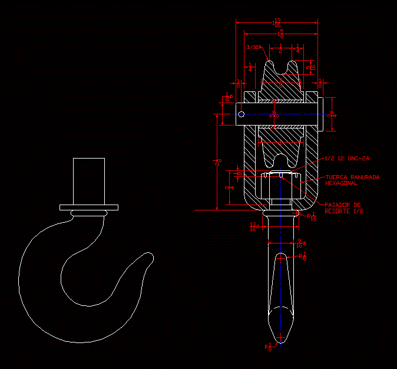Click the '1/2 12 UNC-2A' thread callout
click(x=347, y=159)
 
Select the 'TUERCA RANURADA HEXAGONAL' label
click(x=352, y=180)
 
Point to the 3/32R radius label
click(x=254, y=47)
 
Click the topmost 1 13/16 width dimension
click(x=277, y=23)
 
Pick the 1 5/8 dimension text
click(x=281, y=34)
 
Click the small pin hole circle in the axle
click(x=241, y=114)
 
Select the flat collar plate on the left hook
click(x=88, y=207)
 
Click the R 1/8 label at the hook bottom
click(x=270, y=347)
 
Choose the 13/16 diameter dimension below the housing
click(x=254, y=226)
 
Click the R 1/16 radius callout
click(x=312, y=217)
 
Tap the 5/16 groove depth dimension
click(x=313, y=67)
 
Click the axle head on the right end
click(x=322, y=114)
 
